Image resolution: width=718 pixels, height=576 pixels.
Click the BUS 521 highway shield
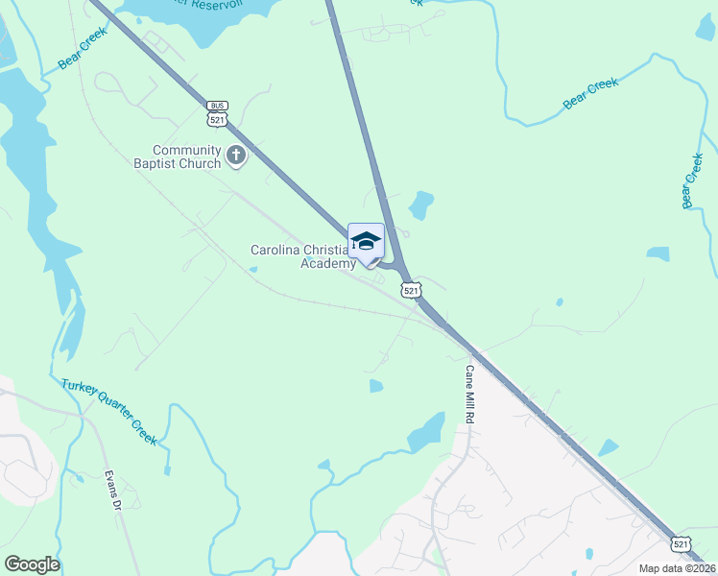click(216, 113)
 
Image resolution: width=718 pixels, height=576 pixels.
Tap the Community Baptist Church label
click(188, 156)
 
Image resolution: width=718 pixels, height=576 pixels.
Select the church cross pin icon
click(236, 155)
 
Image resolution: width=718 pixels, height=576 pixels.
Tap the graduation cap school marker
click(366, 241)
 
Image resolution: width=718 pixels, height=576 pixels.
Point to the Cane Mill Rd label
click(470, 396)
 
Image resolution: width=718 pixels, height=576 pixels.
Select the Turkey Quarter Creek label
click(108, 412)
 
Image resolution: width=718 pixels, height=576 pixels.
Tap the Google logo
click(32, 564)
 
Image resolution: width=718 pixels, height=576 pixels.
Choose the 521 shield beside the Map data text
click(681, 543)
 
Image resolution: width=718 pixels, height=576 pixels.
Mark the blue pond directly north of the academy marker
click(420, 204)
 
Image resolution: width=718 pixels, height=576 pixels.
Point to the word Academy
click(328, 263)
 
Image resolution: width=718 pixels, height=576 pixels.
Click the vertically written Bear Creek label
click(692, 180)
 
